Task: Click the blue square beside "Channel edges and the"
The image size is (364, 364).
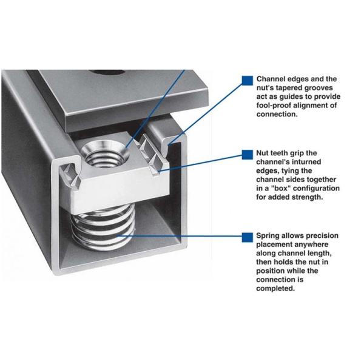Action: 248,81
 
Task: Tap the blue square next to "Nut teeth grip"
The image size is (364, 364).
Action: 248,155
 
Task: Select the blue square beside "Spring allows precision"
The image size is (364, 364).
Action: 248,237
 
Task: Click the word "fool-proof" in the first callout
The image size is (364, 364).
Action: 274,106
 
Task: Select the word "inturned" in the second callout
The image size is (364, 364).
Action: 306,162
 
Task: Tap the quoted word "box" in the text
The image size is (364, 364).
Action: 279,188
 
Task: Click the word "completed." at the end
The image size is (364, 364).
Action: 275,289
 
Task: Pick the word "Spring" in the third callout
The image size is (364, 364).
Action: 268,236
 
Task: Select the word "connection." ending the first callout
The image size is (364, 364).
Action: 277,114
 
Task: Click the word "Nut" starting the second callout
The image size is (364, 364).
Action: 262,153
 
